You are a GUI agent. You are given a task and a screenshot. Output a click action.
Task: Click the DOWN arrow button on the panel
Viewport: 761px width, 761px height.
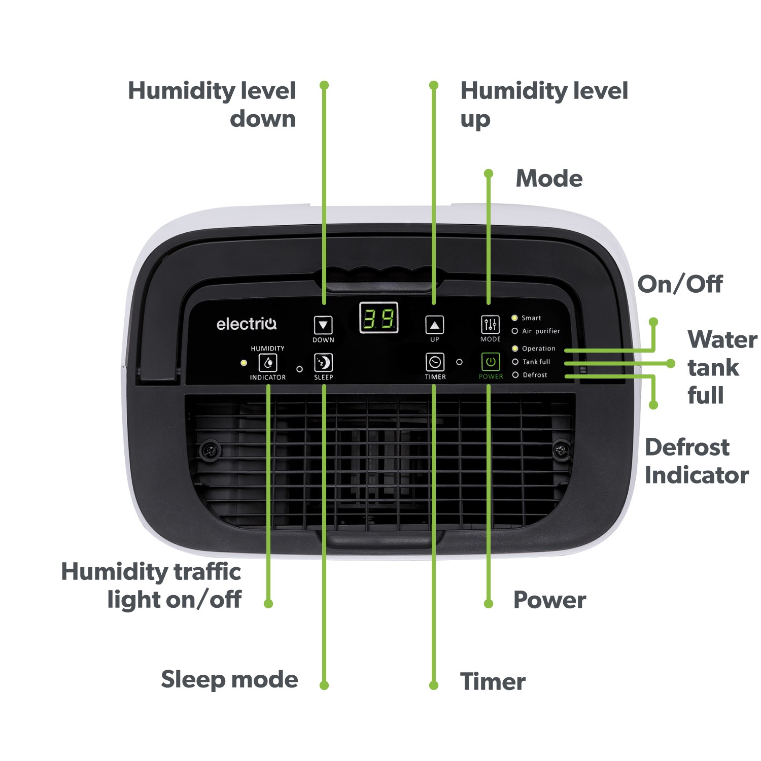323,325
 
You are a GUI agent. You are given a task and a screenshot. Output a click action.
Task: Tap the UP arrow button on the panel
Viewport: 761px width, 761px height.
434,325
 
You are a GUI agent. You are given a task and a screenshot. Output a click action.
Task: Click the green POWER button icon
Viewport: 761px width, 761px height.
490,362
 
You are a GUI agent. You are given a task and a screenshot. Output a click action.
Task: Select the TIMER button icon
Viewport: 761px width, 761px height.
435,362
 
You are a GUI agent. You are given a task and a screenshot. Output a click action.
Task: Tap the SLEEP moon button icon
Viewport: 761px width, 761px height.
323,363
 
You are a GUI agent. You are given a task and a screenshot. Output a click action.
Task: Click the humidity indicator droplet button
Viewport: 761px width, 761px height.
268,363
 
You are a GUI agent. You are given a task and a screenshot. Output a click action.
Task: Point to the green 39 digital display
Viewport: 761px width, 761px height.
378,319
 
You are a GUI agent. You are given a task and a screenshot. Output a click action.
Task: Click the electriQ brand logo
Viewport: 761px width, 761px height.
247,324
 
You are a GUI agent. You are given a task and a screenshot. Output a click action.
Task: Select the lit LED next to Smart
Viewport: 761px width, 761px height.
514,318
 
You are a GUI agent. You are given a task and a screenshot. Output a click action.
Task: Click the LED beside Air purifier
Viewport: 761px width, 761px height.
514,331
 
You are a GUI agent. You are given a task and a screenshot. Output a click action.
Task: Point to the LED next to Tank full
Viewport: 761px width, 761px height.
515,362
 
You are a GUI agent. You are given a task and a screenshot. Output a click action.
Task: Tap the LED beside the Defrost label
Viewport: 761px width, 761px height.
515,375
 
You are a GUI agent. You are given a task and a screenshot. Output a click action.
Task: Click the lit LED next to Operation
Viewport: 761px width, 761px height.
515,349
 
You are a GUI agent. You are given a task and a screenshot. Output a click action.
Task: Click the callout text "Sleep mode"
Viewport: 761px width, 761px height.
229,680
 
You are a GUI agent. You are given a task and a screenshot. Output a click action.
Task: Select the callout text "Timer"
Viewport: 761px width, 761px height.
493,681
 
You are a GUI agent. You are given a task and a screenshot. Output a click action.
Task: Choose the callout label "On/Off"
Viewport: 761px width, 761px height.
680,284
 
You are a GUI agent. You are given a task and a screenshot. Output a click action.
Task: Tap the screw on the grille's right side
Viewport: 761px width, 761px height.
561,449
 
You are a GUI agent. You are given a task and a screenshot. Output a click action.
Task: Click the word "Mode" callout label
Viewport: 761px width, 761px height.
549,179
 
